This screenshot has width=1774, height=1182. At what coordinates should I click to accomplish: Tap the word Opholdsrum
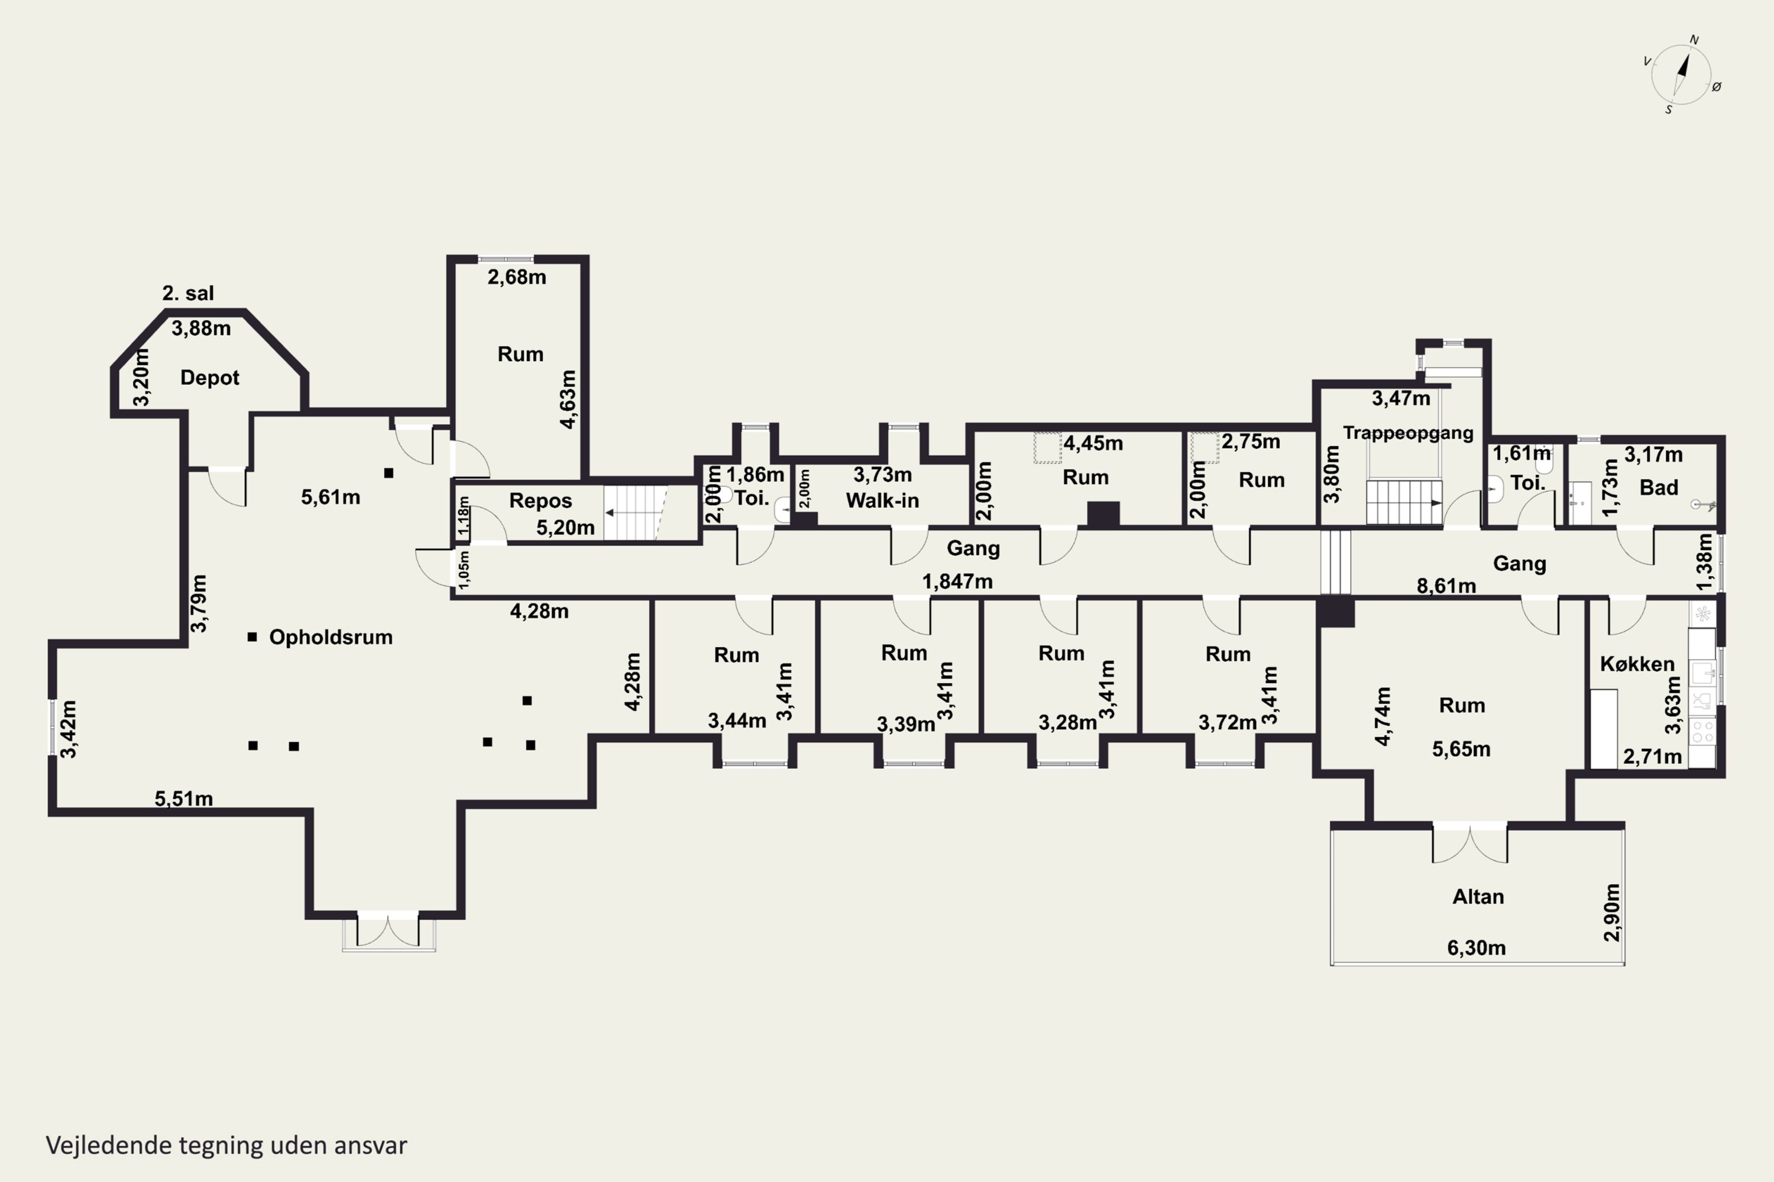(331, 637)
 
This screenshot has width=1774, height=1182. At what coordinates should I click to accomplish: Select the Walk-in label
(882, 501)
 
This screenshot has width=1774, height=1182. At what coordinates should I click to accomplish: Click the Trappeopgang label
(1407, 433)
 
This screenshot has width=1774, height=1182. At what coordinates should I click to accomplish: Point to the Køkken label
(1637, 664)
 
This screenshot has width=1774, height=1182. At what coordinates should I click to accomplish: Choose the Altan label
(1478, 897)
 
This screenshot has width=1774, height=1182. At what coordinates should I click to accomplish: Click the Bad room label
(1659, 488)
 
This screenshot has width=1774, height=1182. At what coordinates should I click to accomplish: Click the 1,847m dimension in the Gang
(957, 581)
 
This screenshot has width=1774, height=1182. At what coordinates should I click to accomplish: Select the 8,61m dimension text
(1446, 586)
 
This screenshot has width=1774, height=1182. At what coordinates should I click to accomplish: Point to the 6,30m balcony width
(1476, 947)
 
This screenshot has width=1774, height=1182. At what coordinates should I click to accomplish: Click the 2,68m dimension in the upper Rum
(517, 277)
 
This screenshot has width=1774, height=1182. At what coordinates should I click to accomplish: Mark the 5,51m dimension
(183, 798)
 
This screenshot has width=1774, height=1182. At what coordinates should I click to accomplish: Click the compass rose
(1681, 74)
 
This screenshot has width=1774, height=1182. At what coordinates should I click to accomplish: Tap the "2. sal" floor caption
(188, 293)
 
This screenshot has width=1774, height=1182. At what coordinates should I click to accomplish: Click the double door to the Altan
(1469, 845)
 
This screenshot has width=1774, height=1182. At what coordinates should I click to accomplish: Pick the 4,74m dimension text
(1382, 716)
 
